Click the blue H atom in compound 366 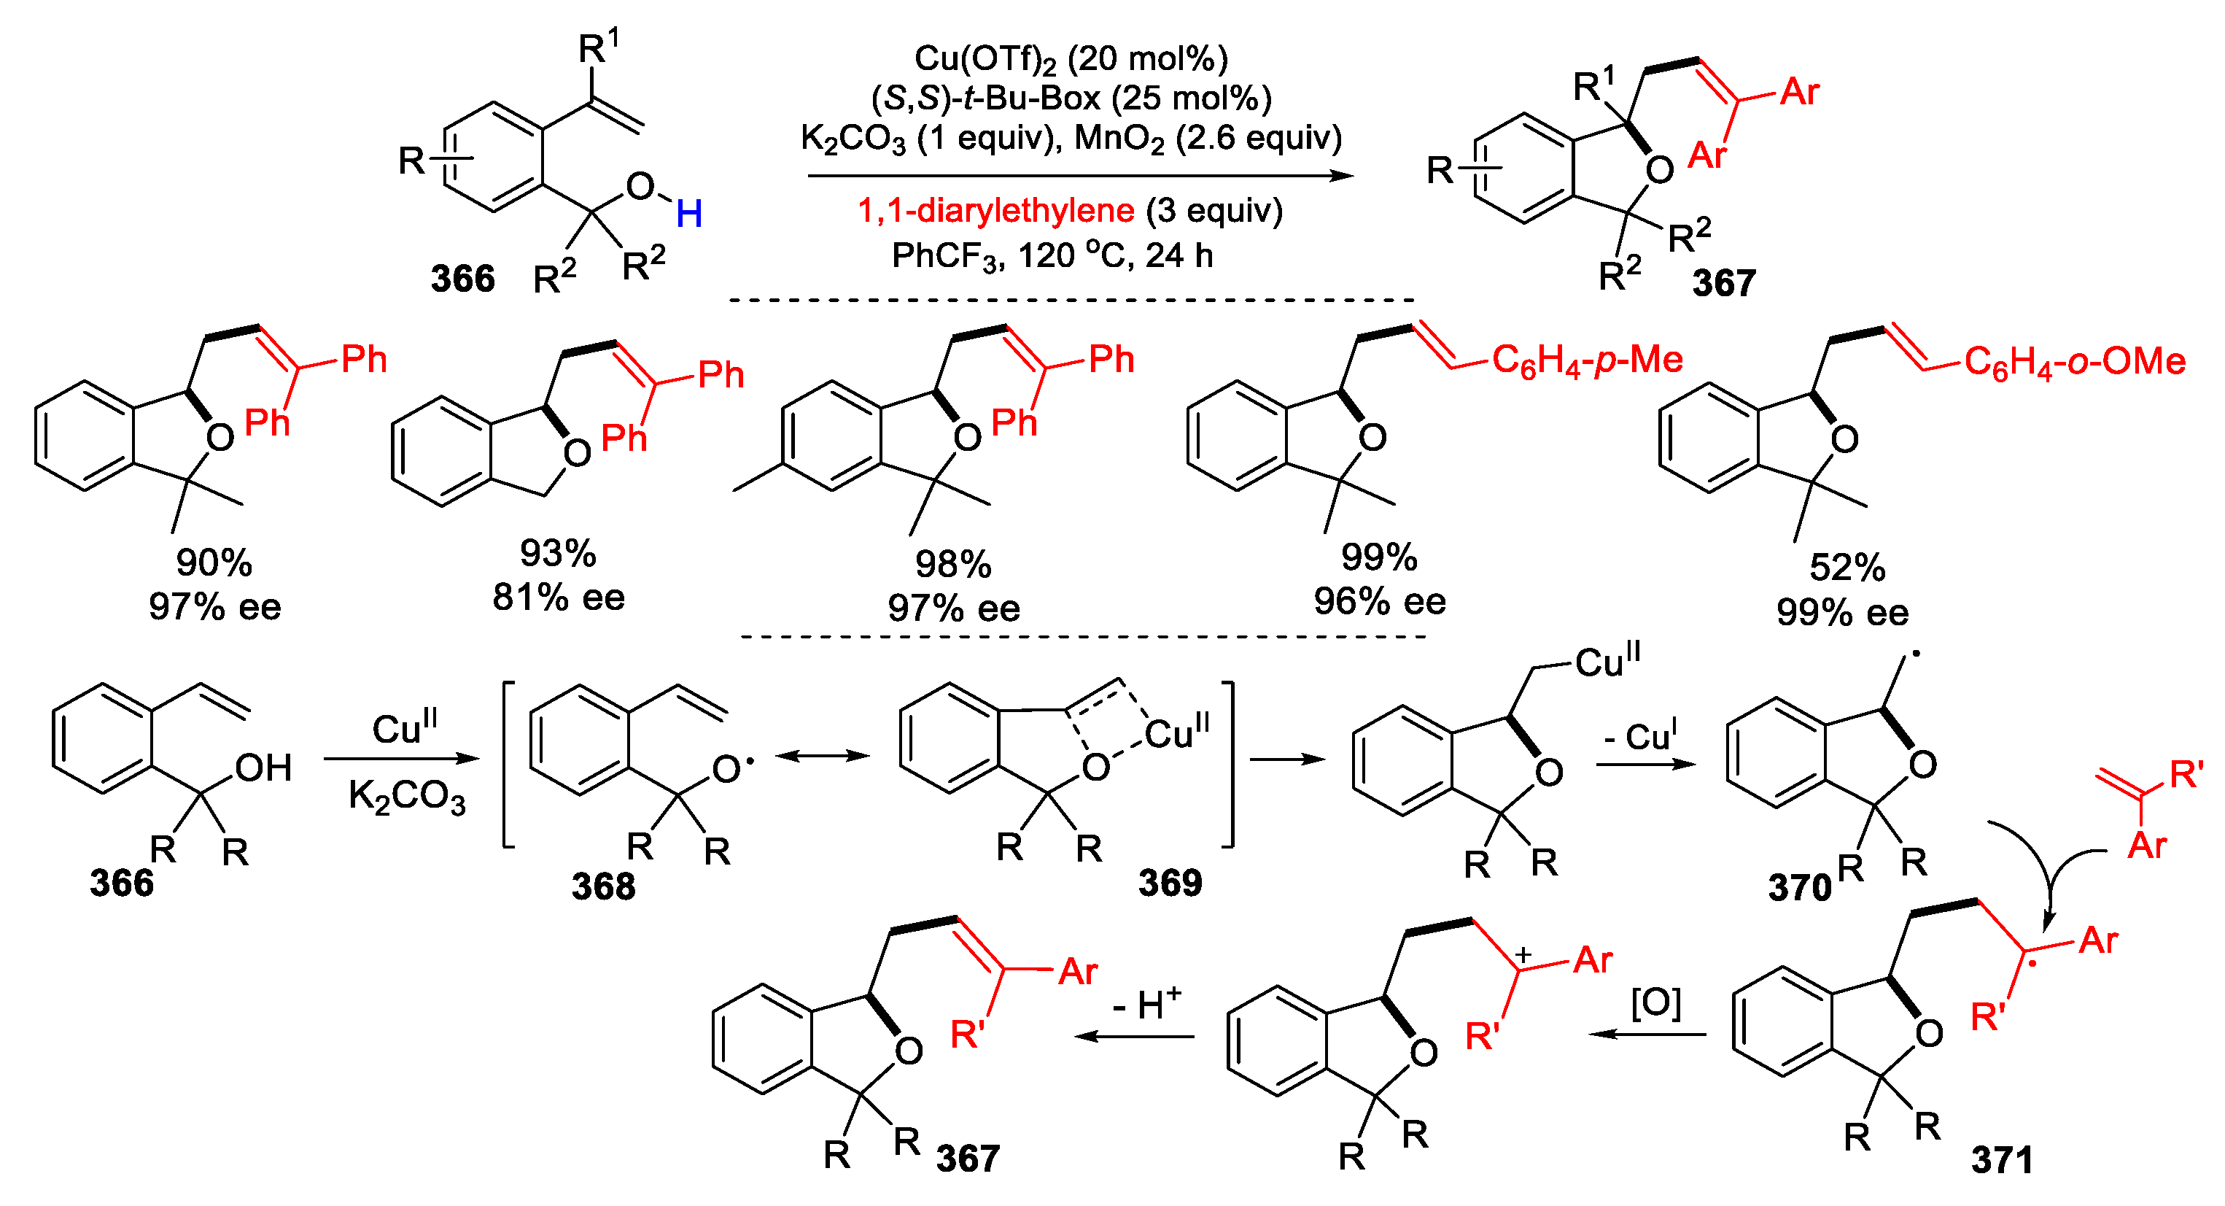[688, 213]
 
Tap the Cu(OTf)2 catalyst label [985, 59]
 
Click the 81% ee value [558, 598]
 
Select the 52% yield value [1847, 568]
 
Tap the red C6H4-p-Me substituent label [1587, 360]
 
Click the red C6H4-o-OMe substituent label [2074, 362]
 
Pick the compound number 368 [603, 886]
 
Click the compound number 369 [1170, 883]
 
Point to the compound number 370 [1799, 888]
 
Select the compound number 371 [2001, 1159]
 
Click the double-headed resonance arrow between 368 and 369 [823, 757]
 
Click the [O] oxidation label [1655, 1003]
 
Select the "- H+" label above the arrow [1146, 1004]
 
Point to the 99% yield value [1378, 558]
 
